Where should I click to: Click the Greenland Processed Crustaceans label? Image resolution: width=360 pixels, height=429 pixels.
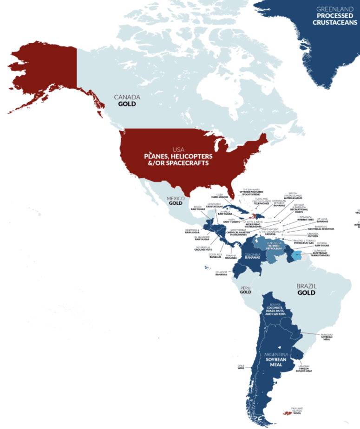331,16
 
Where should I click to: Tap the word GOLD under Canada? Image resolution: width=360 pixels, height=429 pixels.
126,104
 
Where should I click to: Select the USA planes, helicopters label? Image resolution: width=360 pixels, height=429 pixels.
178,156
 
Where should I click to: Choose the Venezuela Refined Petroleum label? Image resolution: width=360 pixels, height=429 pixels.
274,245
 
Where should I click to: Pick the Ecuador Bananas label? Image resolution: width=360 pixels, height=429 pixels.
221,273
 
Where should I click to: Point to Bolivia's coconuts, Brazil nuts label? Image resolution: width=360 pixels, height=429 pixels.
274,310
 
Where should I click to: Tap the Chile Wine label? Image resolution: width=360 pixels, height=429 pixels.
241,366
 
